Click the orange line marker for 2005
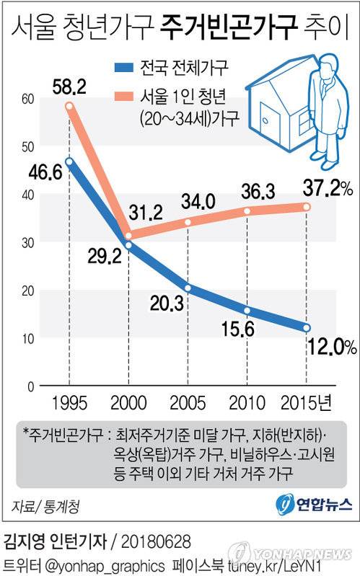click(x=188, y=222)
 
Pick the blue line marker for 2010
click(x=247, y=311)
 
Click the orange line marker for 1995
click(x=69, y=107)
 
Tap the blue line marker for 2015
click(x=307, y=328)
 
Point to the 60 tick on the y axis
click(x=28, y=98)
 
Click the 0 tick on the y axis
click(x=32, y=386)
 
